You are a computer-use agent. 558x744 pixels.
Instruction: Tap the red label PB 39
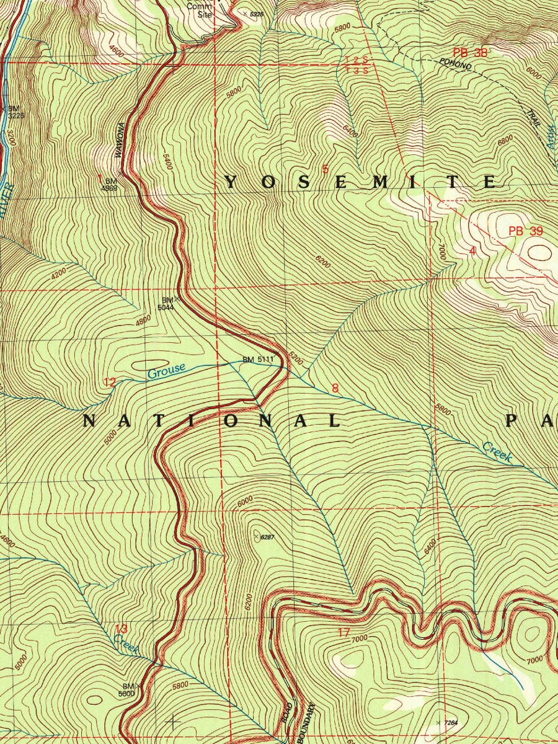tap(526, 231)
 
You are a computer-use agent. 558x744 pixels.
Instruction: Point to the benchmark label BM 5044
tap(166, 304)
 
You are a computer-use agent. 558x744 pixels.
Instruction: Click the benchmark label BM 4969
tap(111, 184)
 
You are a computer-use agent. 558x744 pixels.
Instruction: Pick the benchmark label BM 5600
tap(128, 690)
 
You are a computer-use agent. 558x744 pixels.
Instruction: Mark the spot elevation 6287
tap(266, 537)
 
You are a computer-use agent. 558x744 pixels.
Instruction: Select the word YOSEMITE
tap(360, 182)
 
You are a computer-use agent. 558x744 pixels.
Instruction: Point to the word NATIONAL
tap(212, 422)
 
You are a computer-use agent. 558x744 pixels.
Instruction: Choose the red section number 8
tap(335, 389)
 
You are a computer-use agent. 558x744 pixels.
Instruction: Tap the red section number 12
tap(109, 383)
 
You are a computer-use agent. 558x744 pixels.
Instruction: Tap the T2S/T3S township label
tap(358, 64)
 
